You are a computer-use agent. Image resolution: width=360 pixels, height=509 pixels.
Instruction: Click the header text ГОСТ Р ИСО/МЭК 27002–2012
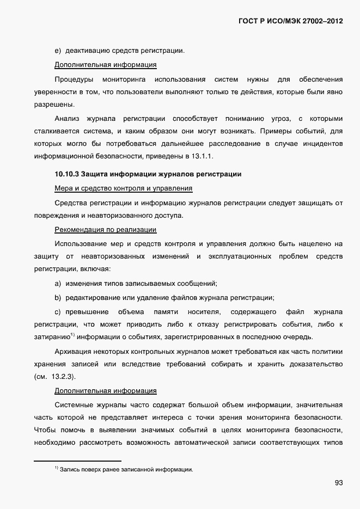point(291,22)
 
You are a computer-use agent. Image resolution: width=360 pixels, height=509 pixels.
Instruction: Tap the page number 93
point(339,482)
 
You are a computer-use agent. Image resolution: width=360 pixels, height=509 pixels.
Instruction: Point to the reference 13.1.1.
point(202,156)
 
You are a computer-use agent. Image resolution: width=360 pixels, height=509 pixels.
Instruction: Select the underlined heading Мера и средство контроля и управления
point(124,188)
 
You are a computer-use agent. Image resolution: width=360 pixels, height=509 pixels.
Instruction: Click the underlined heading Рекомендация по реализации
point(106,230)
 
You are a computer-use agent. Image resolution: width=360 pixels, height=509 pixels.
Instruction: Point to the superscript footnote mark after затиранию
point(72,335)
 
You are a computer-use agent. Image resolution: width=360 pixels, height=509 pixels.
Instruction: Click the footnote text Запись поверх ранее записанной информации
point(126,469)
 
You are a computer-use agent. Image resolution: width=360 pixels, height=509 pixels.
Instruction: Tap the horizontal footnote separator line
point(77,461)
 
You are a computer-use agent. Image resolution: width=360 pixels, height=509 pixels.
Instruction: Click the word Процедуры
point(73,79)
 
